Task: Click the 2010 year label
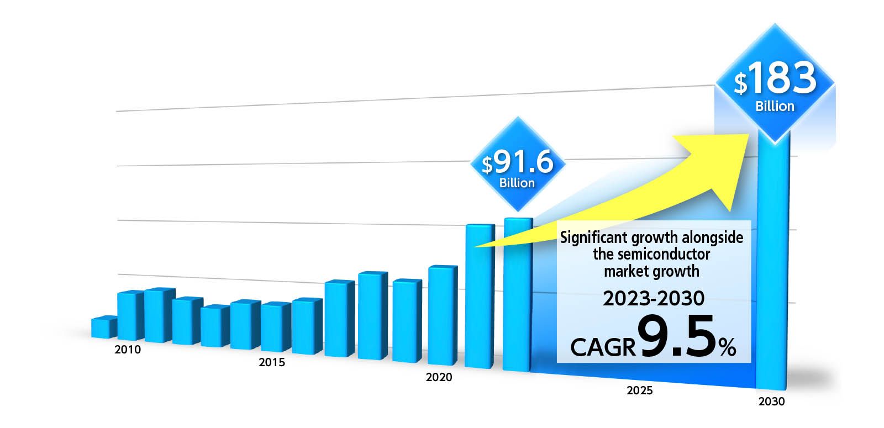pos(128,350)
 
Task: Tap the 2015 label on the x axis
pos(272,362)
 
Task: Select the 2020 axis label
pos(439,377)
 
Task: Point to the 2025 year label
pos(639,390)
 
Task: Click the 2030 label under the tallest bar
pos(771,401)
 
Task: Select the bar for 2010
pos(130,315)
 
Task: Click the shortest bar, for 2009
pos(103,327)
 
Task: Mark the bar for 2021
pos(478,296)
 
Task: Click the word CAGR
pos(603,347)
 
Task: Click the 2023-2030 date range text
pos(654,298)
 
